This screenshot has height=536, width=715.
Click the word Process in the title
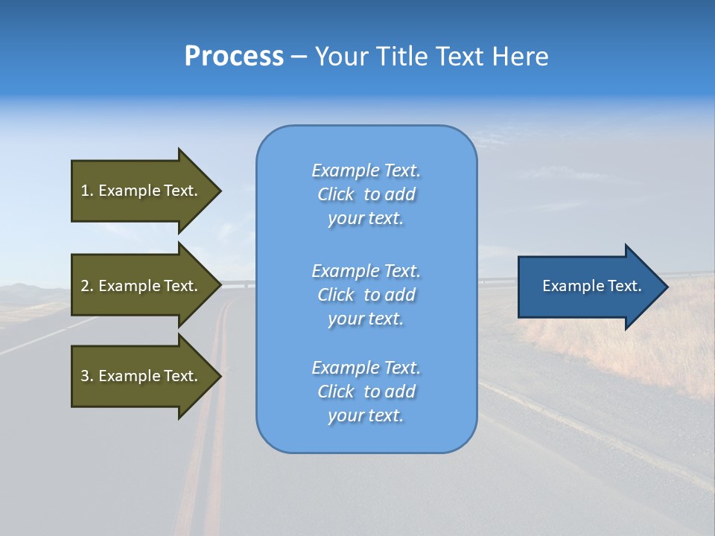234,57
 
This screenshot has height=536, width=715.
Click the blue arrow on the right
585,286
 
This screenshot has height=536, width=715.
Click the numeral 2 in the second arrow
85,286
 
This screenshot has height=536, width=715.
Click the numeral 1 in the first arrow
85,191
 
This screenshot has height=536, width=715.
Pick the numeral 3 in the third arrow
85,376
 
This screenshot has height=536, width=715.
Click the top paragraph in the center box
366,194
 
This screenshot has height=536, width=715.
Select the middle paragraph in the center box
366,295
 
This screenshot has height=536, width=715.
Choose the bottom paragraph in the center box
366,392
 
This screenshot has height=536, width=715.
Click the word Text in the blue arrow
625,286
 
